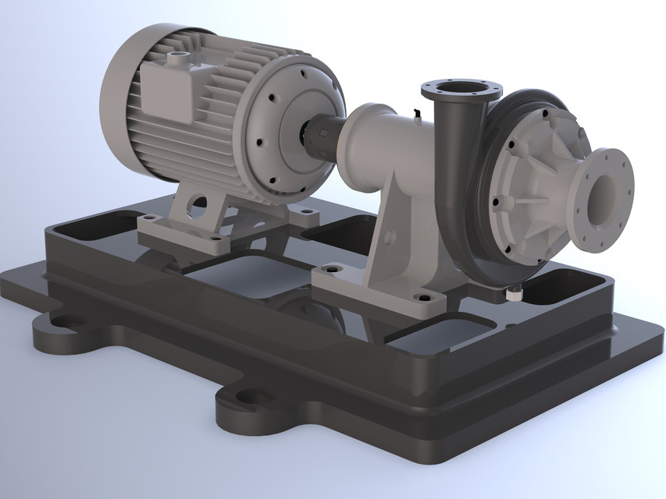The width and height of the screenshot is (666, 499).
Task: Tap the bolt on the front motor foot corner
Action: coord(214,237)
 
